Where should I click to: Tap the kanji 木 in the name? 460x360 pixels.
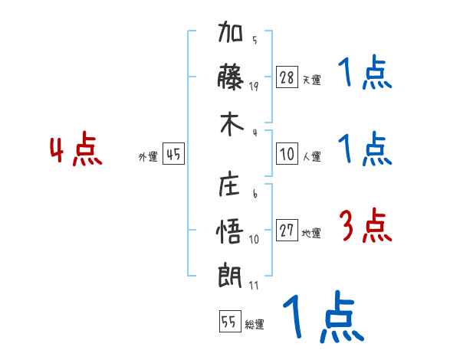(x=231, y=123)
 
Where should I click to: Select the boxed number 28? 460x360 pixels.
(x=287, y=77)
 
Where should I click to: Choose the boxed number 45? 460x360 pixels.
(x=173, y=155)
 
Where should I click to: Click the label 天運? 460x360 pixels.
(x=311, y=80)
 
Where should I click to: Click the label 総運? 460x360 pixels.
(x=255, y=324)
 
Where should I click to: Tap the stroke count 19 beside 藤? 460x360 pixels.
(x=255, y=86)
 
